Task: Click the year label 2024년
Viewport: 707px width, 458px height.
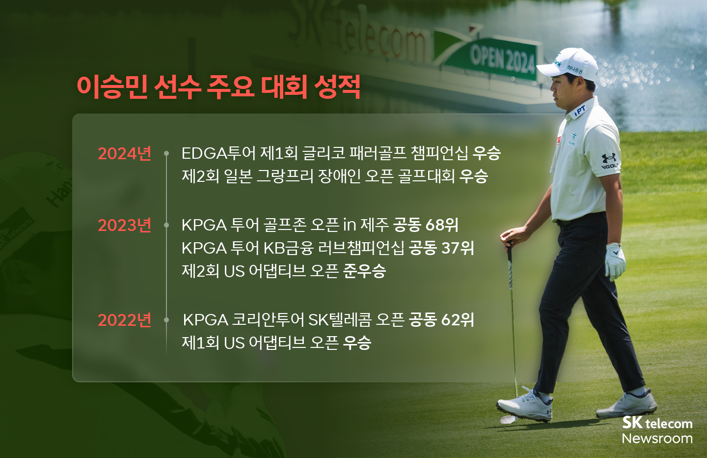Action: pyautogui.click(x=124, y=154)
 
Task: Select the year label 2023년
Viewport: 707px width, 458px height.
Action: pyautogui.click(x=124, y=226)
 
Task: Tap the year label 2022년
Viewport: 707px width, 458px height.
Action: pyautogui.click(x=124, y=320)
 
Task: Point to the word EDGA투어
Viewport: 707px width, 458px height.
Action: pyautogui.click(x=218, y=153)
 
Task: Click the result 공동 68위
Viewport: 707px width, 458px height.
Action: pyautogui.click(x=426, y=225)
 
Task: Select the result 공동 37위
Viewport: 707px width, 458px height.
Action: pyautogui.click(x=441, y=248)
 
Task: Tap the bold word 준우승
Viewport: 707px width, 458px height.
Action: pyautogui.click(x=364, y=270)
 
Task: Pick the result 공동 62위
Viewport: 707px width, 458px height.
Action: pyautogui.click(x=441, y=320)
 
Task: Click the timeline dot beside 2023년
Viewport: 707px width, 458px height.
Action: pyautogui.click(x=166, y=226)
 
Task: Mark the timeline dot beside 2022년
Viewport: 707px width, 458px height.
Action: pyautogui.click(x=166, y=320)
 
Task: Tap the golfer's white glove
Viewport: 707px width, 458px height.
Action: pyautogui.click(x=615, y=261)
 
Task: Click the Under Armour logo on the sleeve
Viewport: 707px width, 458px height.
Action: pyautogui.click(x=609, y=159)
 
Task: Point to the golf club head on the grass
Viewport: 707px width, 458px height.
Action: pyautogui.click(x=508, y=419)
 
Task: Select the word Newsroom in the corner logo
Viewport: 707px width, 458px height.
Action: pyautogui.click(x=657, y=438)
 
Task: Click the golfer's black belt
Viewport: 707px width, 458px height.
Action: pyautogui.click(x=579, y=218)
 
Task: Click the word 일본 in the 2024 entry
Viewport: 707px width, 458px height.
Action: pyautogui.click(x=238, y=176)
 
